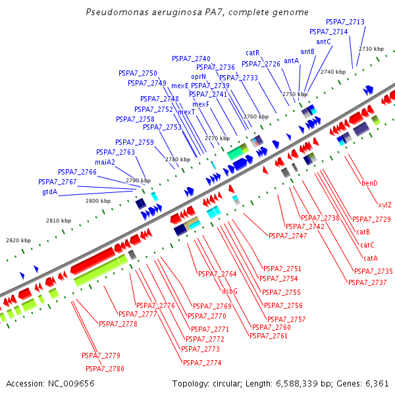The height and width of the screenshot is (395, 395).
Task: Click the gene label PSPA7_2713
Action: pyautogui.click(x=345, y=22)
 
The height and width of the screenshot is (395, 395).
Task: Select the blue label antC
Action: pyautogui.click(x=323, y=41)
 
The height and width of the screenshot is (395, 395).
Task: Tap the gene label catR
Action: pyautogui.click(x=252, y=53)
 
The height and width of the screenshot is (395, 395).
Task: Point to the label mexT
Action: pyautogui.click(x=186, y=112)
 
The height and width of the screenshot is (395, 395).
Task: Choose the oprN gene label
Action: pyautogui.click(x=199, y=76)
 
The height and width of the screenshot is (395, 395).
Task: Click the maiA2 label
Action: pyautogui.click(x=105, y=162)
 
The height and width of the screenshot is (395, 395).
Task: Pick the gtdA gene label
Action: pyautogui.click(x=50, y=192)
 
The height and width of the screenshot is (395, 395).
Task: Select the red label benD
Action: pyautogui.click(x=369, y=183)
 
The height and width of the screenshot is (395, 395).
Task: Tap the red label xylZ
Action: pyautogui.click(x=384, y=205)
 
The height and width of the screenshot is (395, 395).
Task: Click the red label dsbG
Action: pyautogui.click(x=230, y=291)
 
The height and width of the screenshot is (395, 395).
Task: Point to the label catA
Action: pyautogui.click(x=371, y=258)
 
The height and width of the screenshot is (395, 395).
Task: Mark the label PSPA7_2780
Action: pyautogui.click(x=105, y=369)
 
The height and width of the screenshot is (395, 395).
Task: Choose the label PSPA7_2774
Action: pyautogui.click(x=202, y=363)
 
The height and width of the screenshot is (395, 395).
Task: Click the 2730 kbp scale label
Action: pyautogui.click(x=371, y=49)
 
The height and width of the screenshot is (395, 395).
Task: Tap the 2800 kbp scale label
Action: pyautogui.click(x=98, y=201)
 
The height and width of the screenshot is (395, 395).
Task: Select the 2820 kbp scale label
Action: pyautogui.click(x=18, y=240)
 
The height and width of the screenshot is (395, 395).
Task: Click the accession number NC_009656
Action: pyautogui.click(x=71, y=384)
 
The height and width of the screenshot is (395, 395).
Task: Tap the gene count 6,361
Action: pyautogui.click(x=377, y=384)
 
